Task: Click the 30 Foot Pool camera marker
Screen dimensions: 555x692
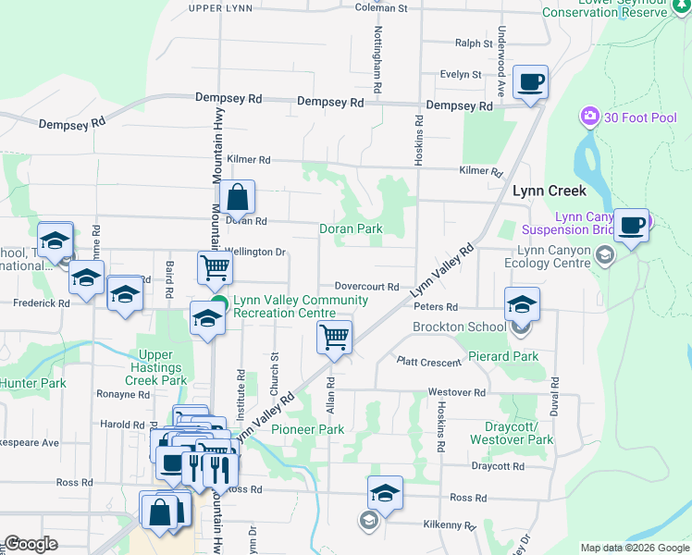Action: [x=589, y=117]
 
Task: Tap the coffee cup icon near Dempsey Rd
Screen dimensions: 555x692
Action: [x=531, y=82]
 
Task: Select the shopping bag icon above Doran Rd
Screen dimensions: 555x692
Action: [x=238, y=197]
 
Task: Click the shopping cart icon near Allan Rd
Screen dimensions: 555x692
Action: [x=333, y=337]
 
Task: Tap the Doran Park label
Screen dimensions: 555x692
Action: [x=351, y=228]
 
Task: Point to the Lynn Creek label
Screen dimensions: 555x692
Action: [x=550, y=191]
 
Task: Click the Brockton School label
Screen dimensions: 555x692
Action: [x=459, y=327]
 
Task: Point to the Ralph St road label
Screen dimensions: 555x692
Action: [x=474, y=43]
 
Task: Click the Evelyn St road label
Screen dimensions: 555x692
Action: [x=462, y=75]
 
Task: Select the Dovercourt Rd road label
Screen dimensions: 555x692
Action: [x=366, y=288]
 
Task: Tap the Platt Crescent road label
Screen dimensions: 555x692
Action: [x=428, y=363]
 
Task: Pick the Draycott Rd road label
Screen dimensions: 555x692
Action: [x=491, y=467]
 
